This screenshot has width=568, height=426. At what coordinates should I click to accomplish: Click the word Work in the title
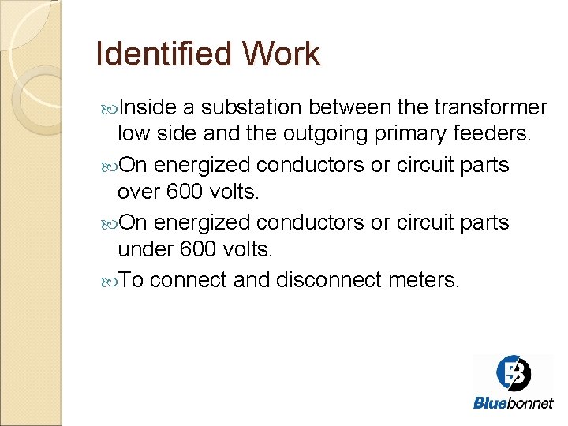click(x=282, y=54)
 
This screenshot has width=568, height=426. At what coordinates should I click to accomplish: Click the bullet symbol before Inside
click(x=108, y=107)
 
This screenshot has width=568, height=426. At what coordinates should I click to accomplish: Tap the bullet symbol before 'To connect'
click(x=108, y=280)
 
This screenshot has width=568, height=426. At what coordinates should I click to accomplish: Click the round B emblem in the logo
click(x=514, y=373)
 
